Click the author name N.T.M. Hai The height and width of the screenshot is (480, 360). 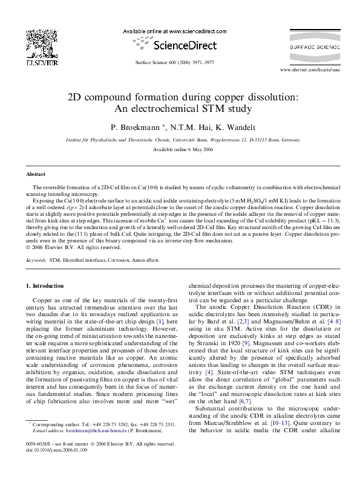pos(184,128)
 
